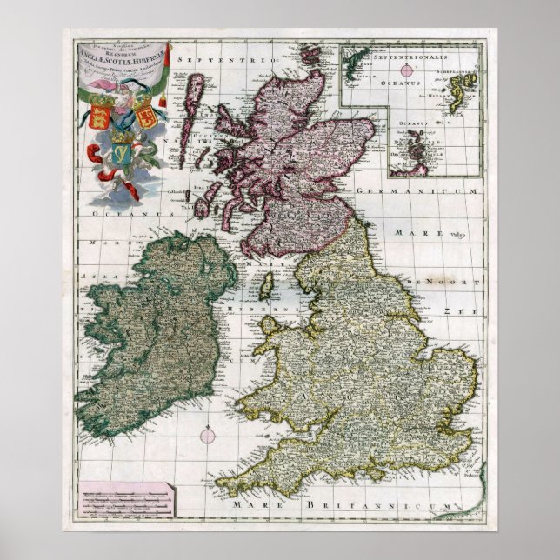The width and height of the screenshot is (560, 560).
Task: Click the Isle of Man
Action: click(x=269, y=284)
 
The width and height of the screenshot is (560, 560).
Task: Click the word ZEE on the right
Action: click(x=452, y=310)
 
